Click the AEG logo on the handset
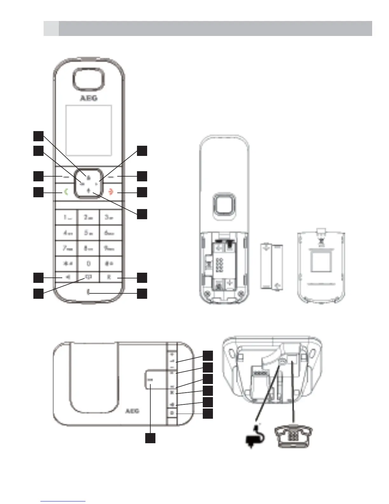coord(88,98)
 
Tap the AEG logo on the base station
coord(132,411)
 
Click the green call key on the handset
coord(66,192)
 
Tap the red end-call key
coord(111,192)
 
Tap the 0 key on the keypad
coord(88,263)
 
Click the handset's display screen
coord(89,130)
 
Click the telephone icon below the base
coord(294,436)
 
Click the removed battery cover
coord(321,267)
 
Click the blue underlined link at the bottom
coord(63,501)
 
